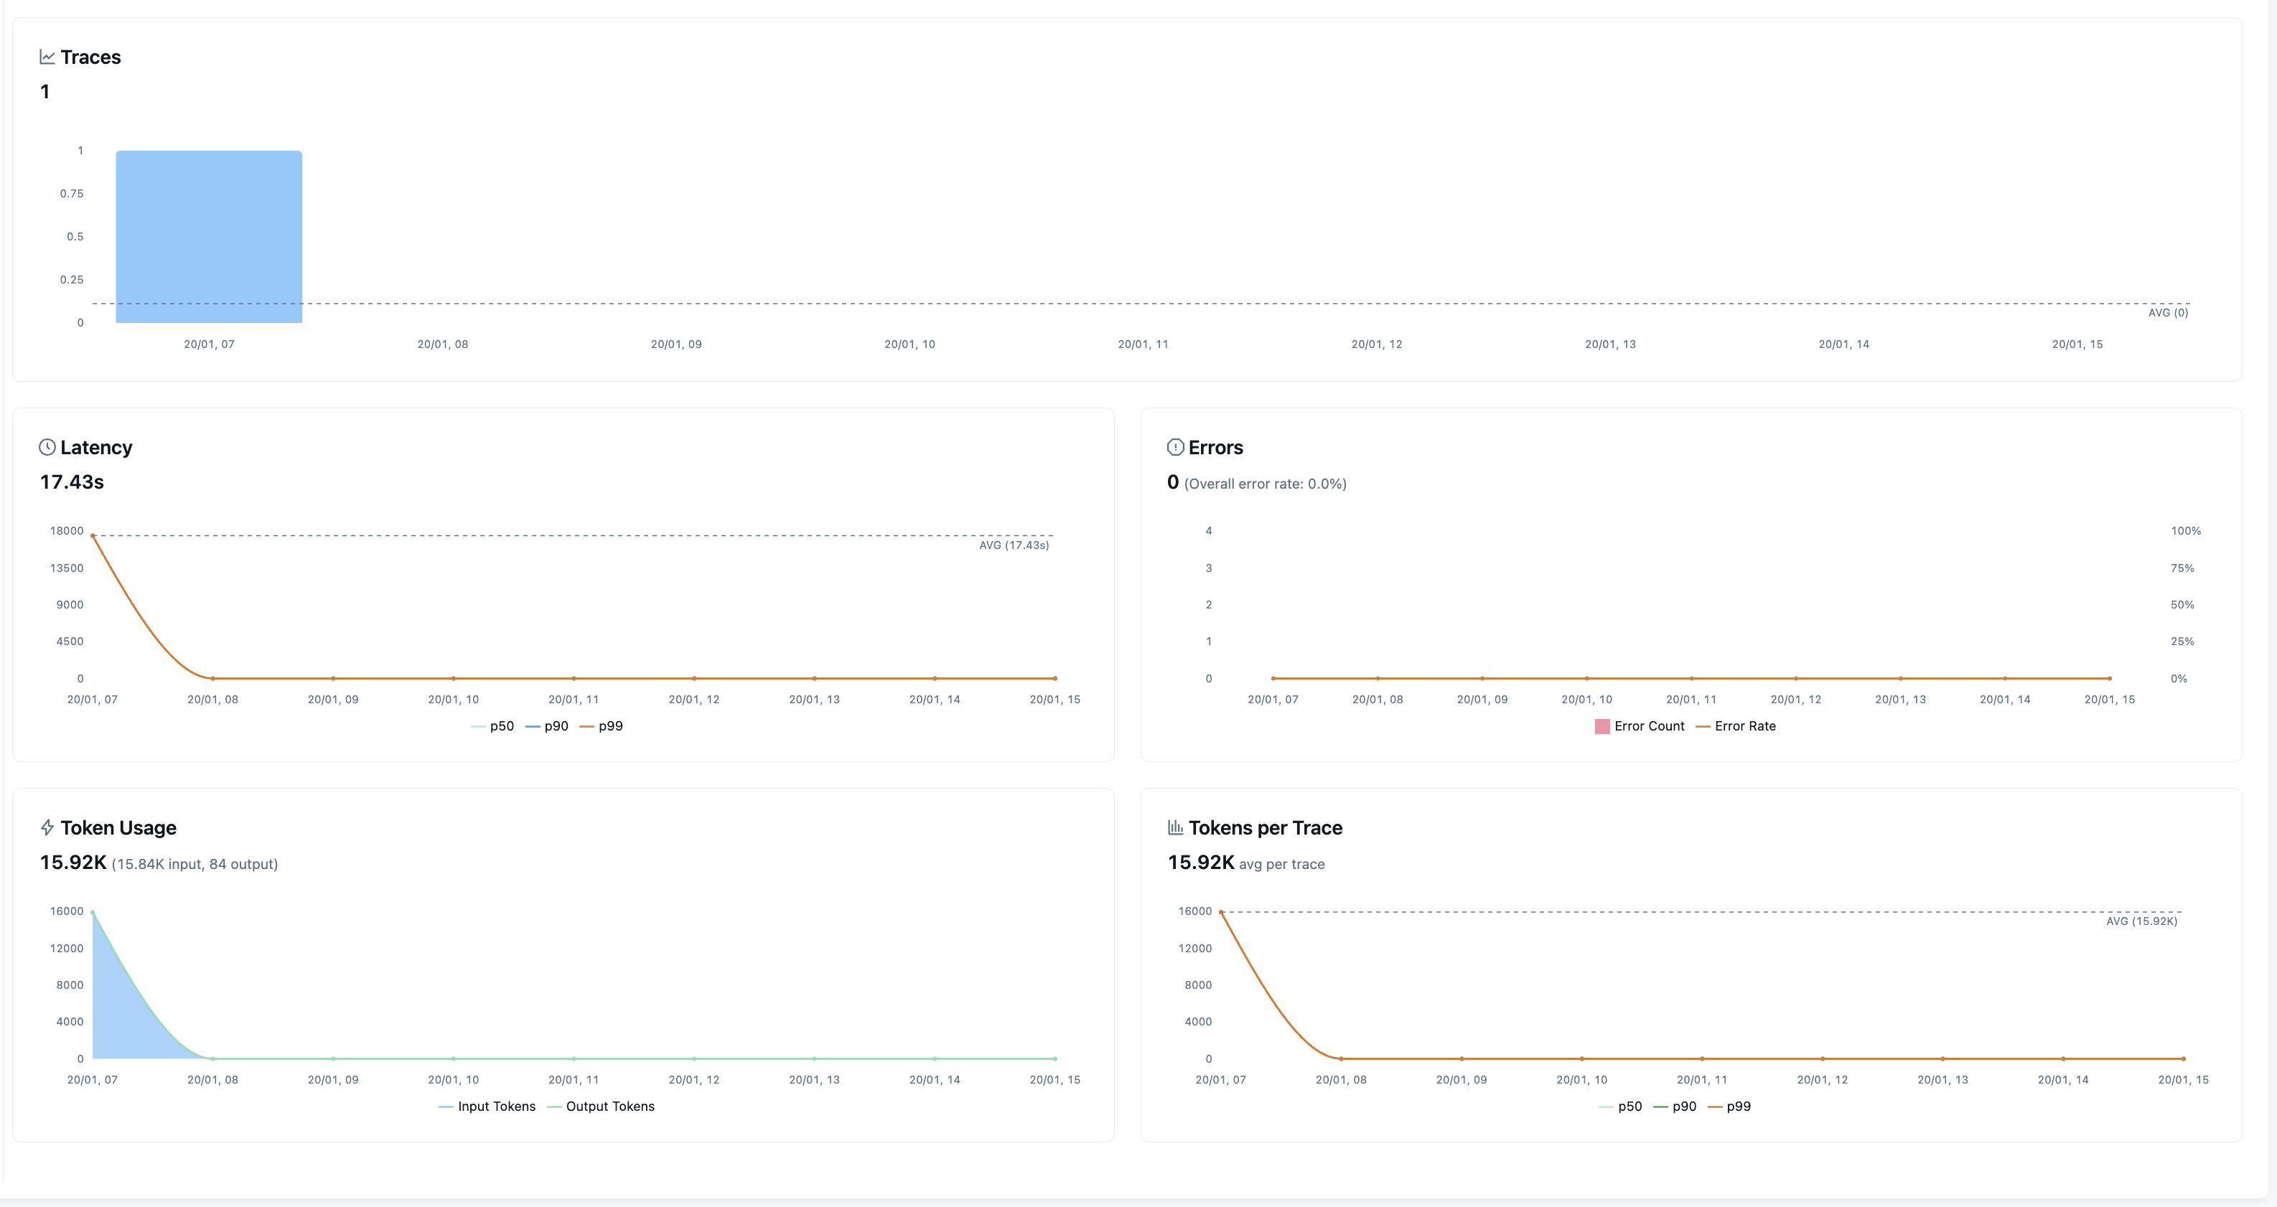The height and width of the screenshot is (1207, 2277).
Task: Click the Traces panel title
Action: [x=90, y=57]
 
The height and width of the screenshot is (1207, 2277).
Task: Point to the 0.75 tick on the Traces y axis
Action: [x=72, y=194]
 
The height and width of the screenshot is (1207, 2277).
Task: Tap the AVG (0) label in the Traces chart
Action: [x=2167, y=313]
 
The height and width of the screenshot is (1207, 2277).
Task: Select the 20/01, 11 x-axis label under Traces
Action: [x=1142, y=344]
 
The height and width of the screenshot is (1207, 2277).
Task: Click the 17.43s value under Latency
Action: [x=72, y=482]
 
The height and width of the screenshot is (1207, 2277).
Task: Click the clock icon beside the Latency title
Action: [x=47, y=447]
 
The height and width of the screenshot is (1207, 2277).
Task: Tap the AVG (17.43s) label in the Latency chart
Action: [x=1013, y=545]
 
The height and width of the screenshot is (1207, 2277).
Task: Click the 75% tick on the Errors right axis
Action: [x=2182, y=568]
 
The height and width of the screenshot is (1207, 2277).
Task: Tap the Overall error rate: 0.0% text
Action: [x=1265, y=484]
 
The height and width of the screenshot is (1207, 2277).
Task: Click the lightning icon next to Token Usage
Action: [x=47, y=828]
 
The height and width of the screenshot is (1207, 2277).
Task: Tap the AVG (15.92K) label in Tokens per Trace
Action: [x=2141, y=921]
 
